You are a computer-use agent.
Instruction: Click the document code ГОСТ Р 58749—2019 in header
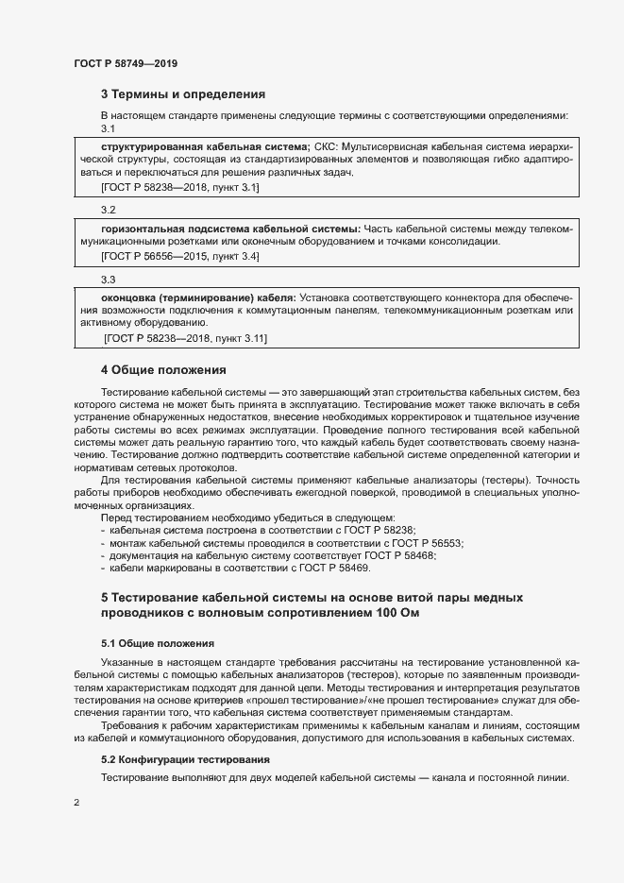pyautogui.click(x=125, y=63)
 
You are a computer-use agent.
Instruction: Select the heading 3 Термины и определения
pyautogui.click(x=182, y=94)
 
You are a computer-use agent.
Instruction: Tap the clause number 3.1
pyautogui.click(x=108, y=127)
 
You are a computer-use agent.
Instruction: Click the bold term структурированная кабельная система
pyautogui.click(x=204, y=147)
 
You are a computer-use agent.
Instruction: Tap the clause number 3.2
pyautogui.click(x=108, y=209)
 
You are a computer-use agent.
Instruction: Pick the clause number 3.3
pyautogui.click(x=108, y=280)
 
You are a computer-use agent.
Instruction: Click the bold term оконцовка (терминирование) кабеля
pyautogui.click(x=198, y=297)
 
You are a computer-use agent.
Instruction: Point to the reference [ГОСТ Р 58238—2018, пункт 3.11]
pyautogui.click(x=186, y=338)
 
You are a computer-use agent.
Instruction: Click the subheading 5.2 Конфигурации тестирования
pyautogui.click(x=185, y=759)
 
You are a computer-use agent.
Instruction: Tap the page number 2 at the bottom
pyautogui.click(x=76, y=803)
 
